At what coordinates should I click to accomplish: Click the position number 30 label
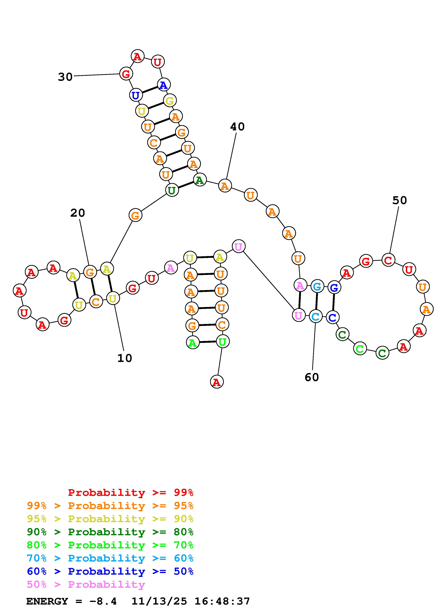pos(65,77)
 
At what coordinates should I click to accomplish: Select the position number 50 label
pos(400,200)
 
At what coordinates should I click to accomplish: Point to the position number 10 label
pos(125,358)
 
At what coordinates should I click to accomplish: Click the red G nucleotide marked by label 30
pos(126,74)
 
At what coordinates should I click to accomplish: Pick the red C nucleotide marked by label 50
pos(388,260)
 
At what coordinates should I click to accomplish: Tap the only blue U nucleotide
pos(136,95)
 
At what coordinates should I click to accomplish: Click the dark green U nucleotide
pos(172,190)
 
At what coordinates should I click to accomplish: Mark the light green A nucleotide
pos(192,343)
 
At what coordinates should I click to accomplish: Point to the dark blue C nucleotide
pos(332,318)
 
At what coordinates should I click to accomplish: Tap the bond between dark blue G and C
pos(334,302)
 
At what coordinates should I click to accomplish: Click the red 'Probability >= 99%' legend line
pos(130,492)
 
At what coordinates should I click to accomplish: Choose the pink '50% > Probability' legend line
pos(86,584)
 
